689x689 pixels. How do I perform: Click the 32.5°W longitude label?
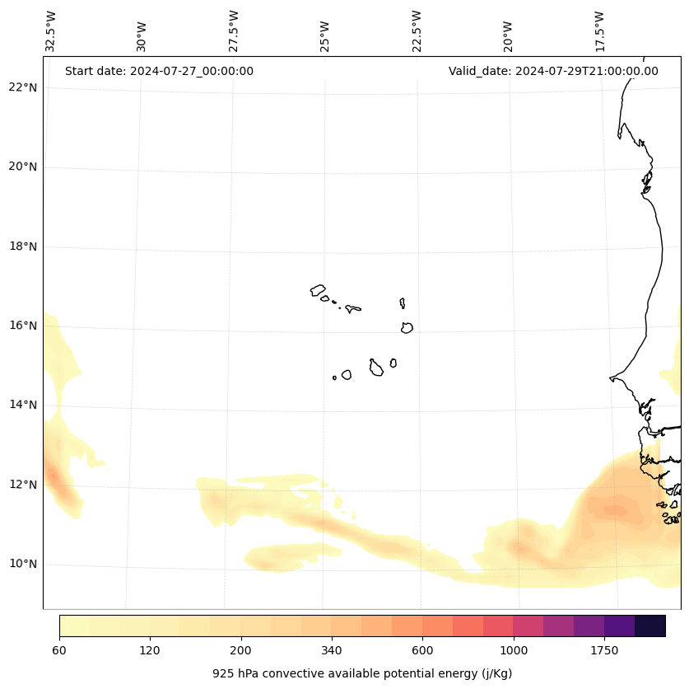tap(51, 31)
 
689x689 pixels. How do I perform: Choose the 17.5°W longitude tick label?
tap(599, 31)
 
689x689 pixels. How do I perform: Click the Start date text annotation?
tap(159, 71)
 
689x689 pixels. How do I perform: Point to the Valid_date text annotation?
tap(553, 71)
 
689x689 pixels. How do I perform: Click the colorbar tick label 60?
tap(59, 651)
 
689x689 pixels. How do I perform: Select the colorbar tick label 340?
tap(331, 651)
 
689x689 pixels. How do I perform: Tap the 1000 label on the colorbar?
tap(513, 651)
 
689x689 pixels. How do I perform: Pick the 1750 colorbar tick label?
tap(604, 651)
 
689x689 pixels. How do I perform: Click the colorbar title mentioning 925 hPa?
tap(362, 673)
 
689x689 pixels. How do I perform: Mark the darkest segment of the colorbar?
tap(649, 626)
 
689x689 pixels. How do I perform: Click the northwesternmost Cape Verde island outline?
tap(318, 290)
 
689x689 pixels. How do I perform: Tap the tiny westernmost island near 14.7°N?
tap(334, 377)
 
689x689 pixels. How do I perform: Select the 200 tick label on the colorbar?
tap(240, 651)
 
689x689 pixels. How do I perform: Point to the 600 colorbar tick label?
tap(422, 651)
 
